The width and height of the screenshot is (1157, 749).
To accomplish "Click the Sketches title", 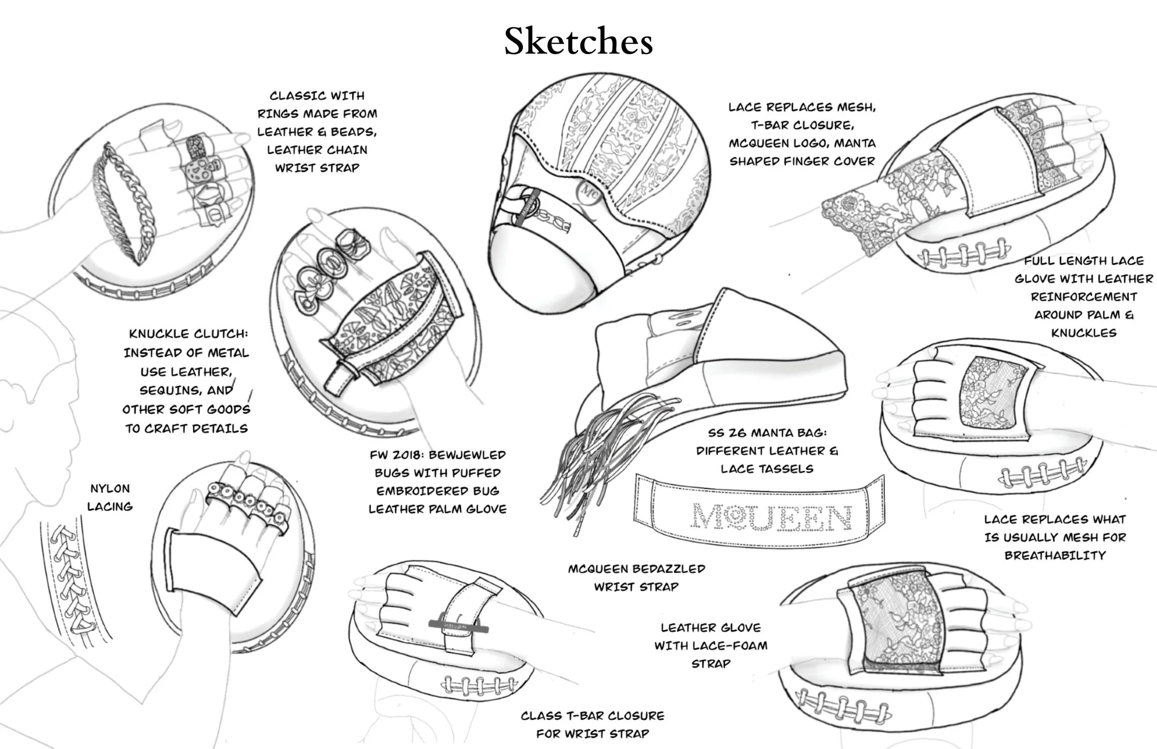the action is tap(578, 41).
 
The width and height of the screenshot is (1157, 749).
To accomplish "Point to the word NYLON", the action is tap(110, 489).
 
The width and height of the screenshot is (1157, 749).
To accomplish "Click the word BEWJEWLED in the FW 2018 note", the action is tap(467, 455).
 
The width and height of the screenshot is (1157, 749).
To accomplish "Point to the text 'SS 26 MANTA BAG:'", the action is tap(767, 433).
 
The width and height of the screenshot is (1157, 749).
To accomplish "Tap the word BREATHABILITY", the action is tap(1055, 556).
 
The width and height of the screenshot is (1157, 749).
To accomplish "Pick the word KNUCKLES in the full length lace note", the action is tap(1083, 333).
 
